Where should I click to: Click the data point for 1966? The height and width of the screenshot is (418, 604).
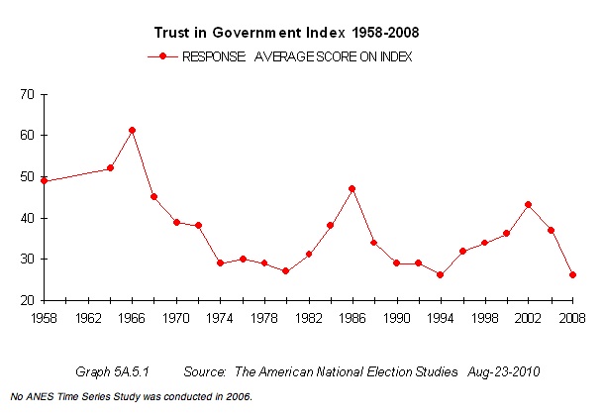[x=133, y=131]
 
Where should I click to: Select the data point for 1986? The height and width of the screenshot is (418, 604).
[x=352, y=188]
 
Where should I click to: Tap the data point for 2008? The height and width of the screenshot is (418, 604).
[x=572, y=274]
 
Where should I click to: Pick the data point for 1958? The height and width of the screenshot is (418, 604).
[x=45, y=181]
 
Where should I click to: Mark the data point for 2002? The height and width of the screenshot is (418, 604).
[x=529, y=205]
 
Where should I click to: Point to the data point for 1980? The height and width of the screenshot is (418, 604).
[x=285, y=270]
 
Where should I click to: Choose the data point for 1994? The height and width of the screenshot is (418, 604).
[x=440, y=274]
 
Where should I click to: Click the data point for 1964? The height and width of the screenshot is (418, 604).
[x=110, y=168]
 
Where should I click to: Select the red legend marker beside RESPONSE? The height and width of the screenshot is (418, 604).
[x=161, y=57]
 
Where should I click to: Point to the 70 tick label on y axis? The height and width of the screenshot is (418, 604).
[x=27, y=94]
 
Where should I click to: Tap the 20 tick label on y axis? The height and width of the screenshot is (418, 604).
[x=27, y=300]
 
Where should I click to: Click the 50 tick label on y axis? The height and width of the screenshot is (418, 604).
[x=27, y=176]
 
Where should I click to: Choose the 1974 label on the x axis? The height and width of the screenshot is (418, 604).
[x=220, y=320]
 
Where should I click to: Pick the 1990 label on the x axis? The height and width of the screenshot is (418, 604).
[x=396, y=320]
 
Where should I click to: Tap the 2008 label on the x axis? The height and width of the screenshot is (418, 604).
[x=572, y=320]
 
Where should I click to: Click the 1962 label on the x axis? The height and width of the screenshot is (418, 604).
[x=88, y=320]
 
